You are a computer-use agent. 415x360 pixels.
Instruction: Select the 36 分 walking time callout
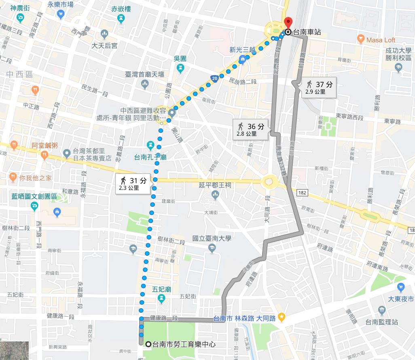click(250, 129)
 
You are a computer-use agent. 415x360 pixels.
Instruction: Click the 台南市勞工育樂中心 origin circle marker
click(148, 344)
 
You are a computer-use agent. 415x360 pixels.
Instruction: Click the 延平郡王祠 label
click(215, 185)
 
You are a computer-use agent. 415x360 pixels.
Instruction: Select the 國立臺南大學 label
click(212, 239)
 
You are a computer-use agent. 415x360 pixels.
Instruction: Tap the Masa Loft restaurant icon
click(361, 40)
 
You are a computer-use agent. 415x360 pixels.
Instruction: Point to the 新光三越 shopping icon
click(242, 59)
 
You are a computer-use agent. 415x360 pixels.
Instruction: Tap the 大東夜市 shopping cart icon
click(401, 288)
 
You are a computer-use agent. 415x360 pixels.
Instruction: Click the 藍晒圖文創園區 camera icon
click(34, 206)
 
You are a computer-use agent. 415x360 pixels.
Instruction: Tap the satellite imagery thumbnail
click(15, 350)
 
